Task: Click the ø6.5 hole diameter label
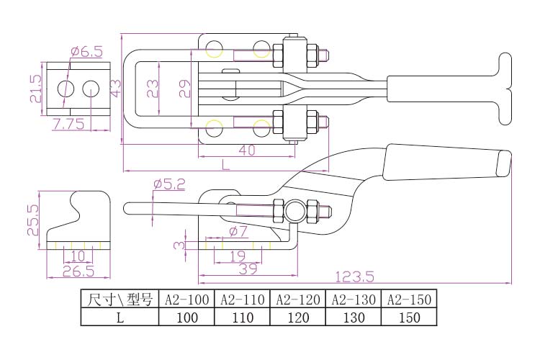(x=87, y=52)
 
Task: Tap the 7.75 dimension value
(x=68, y=125)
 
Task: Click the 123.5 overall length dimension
(x=354, y=276)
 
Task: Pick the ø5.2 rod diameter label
(x=168, y=184)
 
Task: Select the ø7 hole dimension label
(x=238, y=231)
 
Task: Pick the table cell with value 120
(x=297, y=317)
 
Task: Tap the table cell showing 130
(x=354, y=317)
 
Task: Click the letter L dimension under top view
(x=225, y=164)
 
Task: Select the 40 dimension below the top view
(x=247, y=151)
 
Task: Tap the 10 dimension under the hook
(x=78, y=256)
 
